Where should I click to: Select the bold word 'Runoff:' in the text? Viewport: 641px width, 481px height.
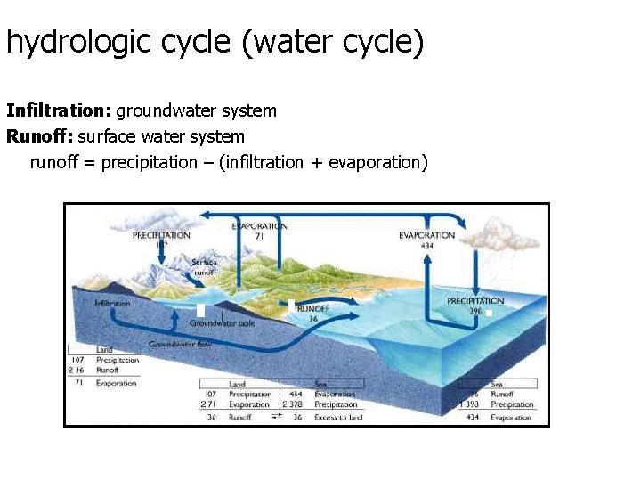pos(41,137)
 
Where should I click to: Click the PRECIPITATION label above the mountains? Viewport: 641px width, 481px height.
pos(161,235)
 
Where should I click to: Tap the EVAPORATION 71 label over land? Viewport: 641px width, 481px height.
pos(259,227)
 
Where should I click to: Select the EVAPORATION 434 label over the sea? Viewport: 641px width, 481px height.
pos(426,235)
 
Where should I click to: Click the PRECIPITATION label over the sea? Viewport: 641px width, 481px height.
pos(475,301)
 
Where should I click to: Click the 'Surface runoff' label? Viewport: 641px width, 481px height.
pos(204,266)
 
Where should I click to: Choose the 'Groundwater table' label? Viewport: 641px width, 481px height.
pos(222,323)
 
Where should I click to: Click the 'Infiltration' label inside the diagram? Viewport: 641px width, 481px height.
pos(112,303)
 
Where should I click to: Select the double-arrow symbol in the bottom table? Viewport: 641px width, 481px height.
pos(276,416)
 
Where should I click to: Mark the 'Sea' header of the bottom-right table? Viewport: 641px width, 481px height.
pos(497,383)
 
